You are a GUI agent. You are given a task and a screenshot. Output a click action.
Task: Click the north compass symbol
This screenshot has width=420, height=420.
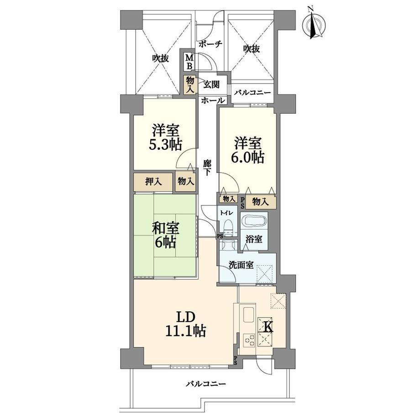[x=314, y=25]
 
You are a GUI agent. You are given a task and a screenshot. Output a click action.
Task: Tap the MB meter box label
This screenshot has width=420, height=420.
[x=189, y=62]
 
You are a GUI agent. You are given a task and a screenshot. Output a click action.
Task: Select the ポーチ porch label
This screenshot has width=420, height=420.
[x=210, y=44]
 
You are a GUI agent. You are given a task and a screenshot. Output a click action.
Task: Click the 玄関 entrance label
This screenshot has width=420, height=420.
[x=211, y=84]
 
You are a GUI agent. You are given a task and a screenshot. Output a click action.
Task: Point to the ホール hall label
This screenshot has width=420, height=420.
[x=213, y=100]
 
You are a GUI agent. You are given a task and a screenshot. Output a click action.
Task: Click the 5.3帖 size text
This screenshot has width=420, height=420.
[x=166, y=145]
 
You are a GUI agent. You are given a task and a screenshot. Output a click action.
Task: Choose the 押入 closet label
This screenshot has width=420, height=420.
[x=153, y=182]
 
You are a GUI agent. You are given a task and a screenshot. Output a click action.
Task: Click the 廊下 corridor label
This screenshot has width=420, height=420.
[x=207, y=168]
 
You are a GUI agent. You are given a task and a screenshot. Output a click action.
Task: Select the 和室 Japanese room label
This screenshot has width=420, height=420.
[x=165, y=229]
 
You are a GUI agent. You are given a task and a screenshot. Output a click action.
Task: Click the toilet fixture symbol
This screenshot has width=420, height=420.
[x=228, y=227]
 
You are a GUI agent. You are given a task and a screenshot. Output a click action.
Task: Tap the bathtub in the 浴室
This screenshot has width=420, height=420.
[x=254, y=222]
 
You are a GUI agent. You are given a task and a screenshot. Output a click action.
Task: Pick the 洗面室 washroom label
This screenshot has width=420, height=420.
[x=241, y=265]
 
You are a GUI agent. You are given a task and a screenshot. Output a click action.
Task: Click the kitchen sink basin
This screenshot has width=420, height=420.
[x=248, y=315]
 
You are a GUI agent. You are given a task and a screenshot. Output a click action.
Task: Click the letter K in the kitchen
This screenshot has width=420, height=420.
[x=268, y=327]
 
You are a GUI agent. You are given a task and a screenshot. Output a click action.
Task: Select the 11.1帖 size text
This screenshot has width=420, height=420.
[x=186, y=331]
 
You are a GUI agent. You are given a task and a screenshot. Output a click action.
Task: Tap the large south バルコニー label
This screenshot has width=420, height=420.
[x=206, y=384]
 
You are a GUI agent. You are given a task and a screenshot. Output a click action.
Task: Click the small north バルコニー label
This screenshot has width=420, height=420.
[x=252, y=93]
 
